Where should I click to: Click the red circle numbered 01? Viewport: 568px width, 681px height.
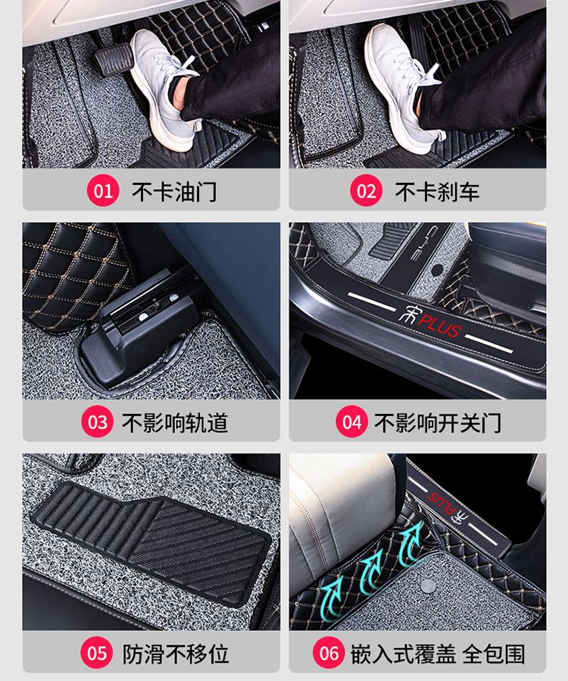(103, 190)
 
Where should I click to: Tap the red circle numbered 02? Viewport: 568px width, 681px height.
(366, 190)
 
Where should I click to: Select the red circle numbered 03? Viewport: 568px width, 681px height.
(97, 422)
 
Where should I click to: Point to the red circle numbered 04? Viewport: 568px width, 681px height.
(351, 422)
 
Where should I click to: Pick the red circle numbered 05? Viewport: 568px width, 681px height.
(96, 653)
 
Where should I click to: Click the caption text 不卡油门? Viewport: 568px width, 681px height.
(174, 192)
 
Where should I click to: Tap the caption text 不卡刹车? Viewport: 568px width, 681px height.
(437, 192)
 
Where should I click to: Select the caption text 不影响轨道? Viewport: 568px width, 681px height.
(175, 422)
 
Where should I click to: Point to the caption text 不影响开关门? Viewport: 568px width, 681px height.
(438, 422)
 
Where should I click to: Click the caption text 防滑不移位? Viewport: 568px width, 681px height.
(175, 654)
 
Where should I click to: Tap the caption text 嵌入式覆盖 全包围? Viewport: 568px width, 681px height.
(438, 654)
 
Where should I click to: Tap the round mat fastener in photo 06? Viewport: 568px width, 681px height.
(429, 586)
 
